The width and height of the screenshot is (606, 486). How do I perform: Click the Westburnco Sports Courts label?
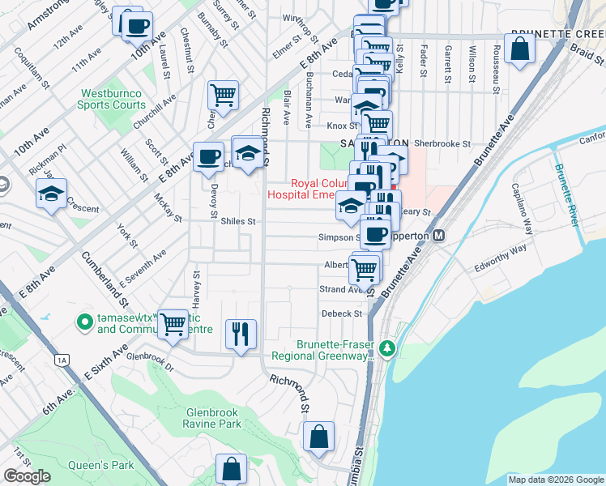112,99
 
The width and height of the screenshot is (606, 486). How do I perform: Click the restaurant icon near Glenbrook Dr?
241,333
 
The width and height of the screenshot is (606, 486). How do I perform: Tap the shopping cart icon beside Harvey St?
173,323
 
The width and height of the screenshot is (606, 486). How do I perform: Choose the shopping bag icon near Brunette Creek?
519,48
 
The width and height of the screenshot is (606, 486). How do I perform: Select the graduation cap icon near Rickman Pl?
50,194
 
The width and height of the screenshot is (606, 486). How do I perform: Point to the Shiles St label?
237,221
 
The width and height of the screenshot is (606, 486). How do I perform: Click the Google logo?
27,475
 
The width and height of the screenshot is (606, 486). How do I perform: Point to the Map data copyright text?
555,480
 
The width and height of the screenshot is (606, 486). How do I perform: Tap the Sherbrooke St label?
442,143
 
